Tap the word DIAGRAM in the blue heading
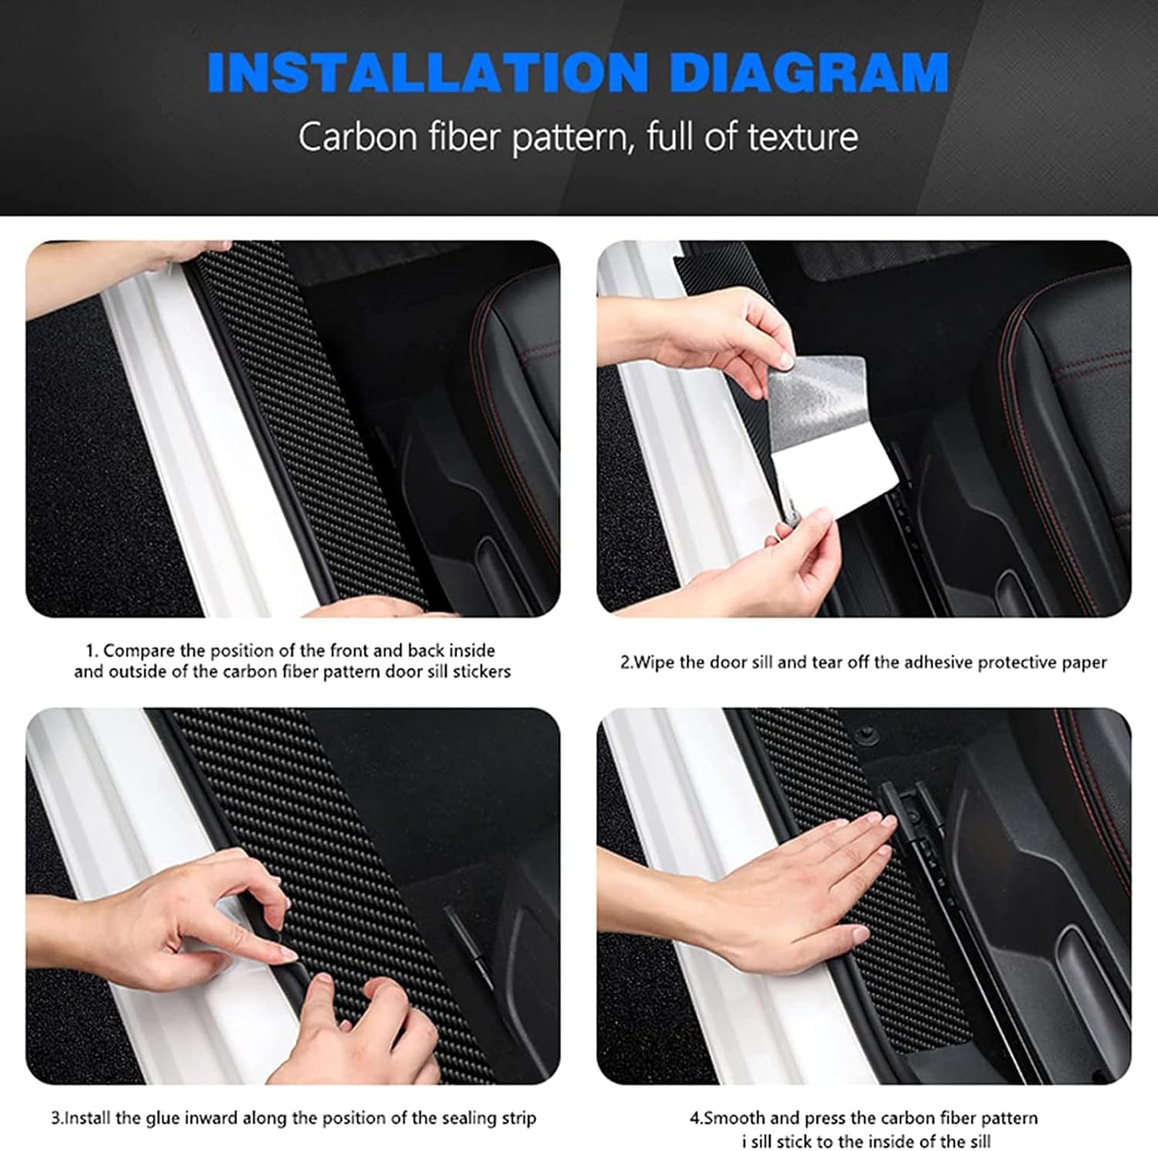[x=808, y=73]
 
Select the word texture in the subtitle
[x=803, y=137]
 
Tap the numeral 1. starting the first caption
[x=92, y=651]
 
